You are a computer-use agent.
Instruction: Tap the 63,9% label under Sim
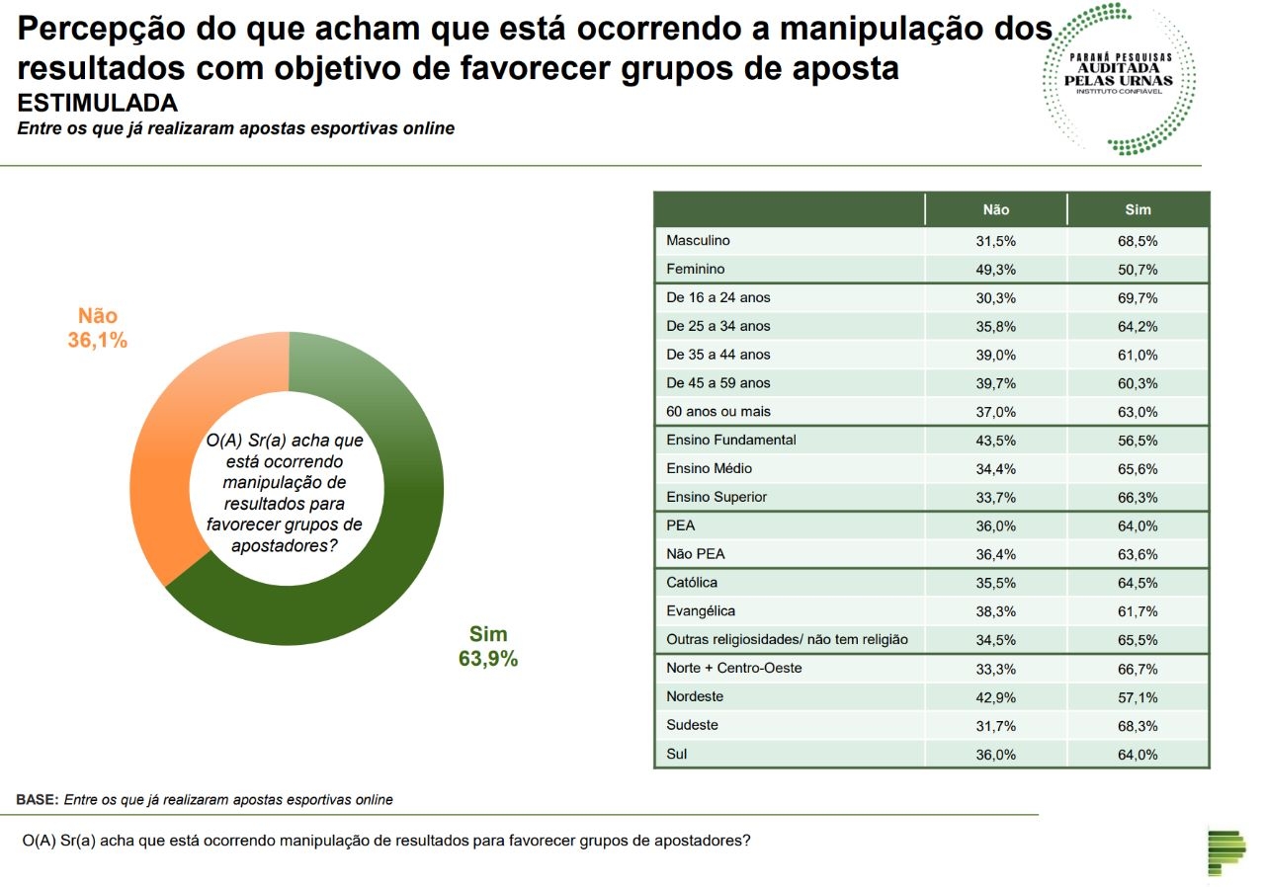(487, 659)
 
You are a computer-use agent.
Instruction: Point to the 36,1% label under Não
(98, 341)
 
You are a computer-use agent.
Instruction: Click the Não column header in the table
(995, 209)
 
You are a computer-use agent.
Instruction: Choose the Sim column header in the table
(1138, 209)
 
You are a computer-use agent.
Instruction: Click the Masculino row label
(698, 240)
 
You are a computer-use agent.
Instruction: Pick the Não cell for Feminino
(995, 269)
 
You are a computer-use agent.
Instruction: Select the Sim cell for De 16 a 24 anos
(1139, 297)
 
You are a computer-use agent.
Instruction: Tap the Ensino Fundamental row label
(731, 440)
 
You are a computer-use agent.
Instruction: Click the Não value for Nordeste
(995, 696)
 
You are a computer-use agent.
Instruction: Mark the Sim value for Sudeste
(1139, 725)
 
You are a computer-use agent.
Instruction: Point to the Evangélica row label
(701, 610)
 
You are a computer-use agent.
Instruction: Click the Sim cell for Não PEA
(1139, 554)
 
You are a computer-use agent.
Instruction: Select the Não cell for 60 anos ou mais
(995, 411)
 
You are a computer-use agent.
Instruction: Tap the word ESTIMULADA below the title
(98, 104)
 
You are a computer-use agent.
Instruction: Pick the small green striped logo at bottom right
(1226, 851)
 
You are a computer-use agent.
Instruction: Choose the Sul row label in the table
(677, 754)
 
